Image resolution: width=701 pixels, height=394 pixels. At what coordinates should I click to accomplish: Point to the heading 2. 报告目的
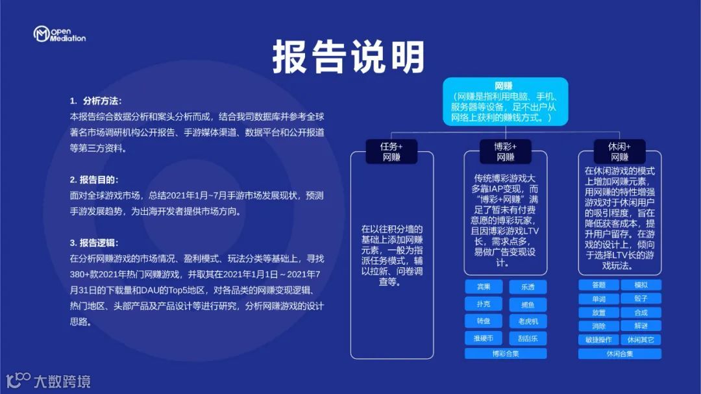click(x=95, y=179)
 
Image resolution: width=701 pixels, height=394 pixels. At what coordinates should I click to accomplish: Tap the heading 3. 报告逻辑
click(x=95, y=243)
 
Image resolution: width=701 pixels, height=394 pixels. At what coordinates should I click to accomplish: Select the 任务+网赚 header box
click(x=391, y=152)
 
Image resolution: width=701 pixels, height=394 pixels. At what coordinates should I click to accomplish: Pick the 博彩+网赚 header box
click(x=505, y=152)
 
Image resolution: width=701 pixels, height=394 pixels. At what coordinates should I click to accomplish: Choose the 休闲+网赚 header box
click(x=619, y=152)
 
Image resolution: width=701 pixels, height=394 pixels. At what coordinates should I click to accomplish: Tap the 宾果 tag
click(x=484, y=287)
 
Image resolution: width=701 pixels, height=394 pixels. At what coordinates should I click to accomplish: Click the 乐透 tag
click(x=528, y=287)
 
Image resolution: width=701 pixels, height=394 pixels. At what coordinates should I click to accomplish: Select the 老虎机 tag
click(x=528, y=321)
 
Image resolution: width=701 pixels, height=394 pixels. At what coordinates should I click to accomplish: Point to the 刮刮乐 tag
click(x=528, y=338)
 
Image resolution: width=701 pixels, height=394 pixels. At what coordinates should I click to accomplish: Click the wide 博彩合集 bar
click(x=506, y=354)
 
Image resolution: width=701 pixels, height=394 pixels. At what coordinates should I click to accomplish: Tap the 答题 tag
click(x=598, y=285)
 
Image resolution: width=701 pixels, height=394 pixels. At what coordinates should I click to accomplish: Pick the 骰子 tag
click(x=641, y=299)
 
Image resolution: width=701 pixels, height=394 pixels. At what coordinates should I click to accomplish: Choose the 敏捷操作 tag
click(x=598, y=339)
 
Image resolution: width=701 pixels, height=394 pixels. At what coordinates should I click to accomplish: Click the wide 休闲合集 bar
click(x=620, y=354)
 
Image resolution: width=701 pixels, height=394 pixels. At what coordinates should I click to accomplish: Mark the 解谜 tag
click(x=641, y=326)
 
